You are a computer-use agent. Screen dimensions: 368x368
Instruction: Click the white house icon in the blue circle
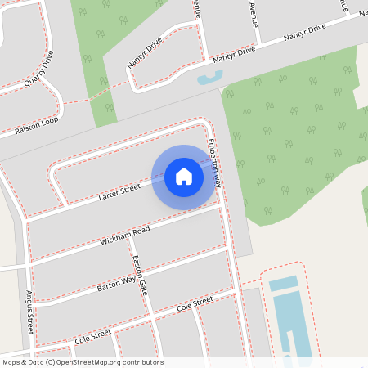tap(184, 177)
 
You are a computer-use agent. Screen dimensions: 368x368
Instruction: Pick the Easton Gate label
tap(140, 276)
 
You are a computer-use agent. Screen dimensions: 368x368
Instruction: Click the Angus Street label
tap(30, 311)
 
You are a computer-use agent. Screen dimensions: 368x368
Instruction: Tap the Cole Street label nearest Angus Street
tap(92, 335)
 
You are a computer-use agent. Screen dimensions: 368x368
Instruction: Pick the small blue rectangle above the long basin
tap(283, 283)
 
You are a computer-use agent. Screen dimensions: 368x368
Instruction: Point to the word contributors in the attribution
tap(142, 362)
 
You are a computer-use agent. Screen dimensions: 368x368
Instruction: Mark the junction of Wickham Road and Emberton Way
tap(222, 207)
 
